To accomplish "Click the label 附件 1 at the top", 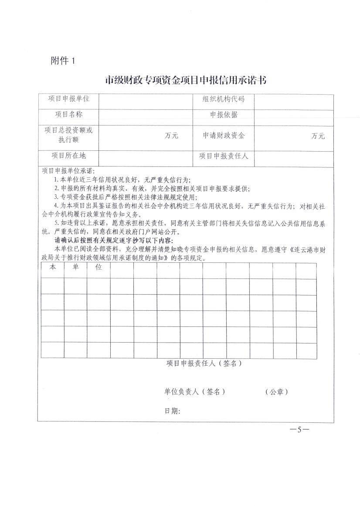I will pos(63,61).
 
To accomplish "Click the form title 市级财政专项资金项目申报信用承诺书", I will pos(186,80).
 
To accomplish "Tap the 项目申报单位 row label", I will pos(68,99).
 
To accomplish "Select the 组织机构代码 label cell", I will pos(224,99).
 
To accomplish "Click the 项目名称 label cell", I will pos(68,114).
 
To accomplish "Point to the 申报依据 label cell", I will pos(224,115).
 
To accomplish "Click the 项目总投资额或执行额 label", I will pos(68,135).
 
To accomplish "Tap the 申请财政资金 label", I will pos(224,136).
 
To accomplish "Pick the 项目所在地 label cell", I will pos(68,156).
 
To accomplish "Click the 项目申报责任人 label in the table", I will pos(224,156).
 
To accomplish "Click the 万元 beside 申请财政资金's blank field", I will pos(318,136).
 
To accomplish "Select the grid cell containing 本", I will pos(53,267).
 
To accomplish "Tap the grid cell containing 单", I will pos(76,267).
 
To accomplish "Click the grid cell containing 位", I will pos(98,267).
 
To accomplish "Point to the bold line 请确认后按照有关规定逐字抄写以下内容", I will pos(113,241).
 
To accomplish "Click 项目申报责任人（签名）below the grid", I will pos(204,363).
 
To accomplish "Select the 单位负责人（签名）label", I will pos(194,392).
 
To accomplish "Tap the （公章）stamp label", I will pos(276,392).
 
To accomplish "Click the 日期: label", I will pos(172,411).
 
